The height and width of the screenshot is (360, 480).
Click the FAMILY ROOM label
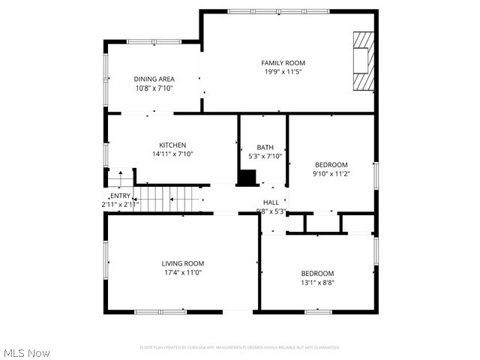click(283, 63)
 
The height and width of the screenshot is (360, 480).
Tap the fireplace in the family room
click(363, 61)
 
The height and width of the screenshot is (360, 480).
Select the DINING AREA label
click(154, 79)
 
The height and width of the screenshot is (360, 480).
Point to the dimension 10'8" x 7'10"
click(154, 88)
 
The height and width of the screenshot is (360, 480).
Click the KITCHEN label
click(172, 145)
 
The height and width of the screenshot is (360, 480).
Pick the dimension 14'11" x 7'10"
click(172, 154)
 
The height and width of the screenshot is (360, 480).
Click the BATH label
click(265, 147)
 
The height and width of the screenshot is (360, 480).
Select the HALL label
click(271, 202)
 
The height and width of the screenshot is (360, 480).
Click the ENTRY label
click(120, 196)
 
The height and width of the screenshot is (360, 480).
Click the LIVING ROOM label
click(183, 263)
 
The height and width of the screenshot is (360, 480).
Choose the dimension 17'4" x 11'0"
click(183, 272)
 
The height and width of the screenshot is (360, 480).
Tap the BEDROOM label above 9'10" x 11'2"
click(331, 164)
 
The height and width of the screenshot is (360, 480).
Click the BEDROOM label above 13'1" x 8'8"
click(317, 273)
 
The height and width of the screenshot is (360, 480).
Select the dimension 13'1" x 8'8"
click(317, 283)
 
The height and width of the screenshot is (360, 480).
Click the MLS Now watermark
click(27, 352)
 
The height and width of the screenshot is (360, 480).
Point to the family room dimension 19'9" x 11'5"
click(283, 72)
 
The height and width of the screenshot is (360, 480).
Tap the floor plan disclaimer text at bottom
click(239, 347)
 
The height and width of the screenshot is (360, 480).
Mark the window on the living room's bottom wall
click(160, 311)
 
